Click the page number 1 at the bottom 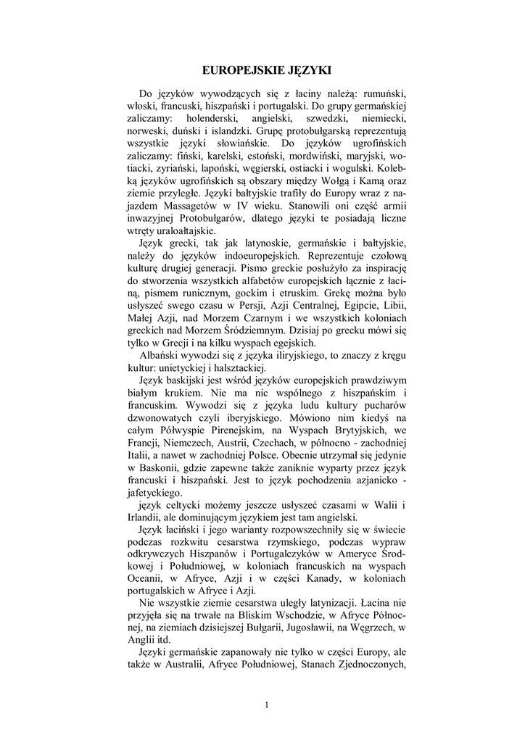[x=267, y=705]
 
